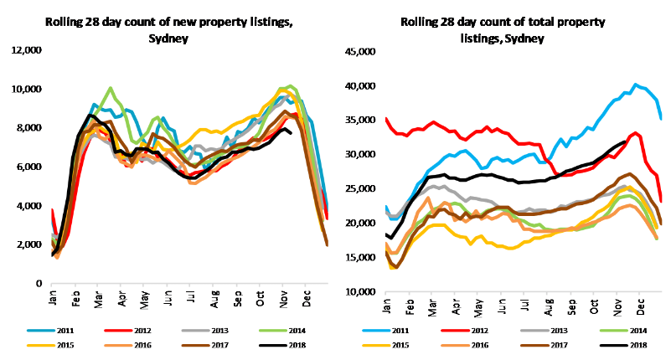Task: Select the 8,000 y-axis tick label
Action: click(x=26, y=128)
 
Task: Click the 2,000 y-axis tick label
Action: click(x=26, y=244)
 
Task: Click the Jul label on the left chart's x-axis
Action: click(x=192, y=300)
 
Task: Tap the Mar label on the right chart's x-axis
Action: click(x=432, y=308)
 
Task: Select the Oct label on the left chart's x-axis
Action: click(x=260, y=300)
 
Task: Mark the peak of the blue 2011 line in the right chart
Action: click(x=636, y=85)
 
